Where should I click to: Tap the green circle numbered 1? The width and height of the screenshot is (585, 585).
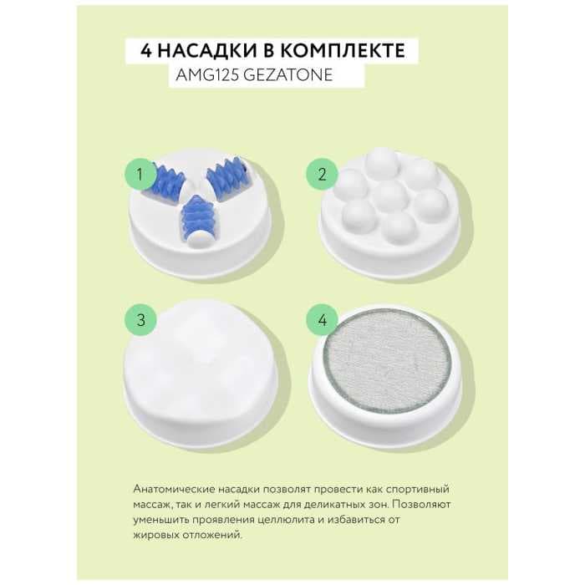pyautogui.click(x=140, y=174)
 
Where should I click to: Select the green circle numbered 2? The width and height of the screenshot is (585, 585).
pyautogui.click(x=322, y=174)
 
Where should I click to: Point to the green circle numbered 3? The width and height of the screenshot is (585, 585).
pyautogui.click(x=140, y=320)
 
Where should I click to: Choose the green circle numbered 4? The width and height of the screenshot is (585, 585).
pyautogui.click(x=322, y=320)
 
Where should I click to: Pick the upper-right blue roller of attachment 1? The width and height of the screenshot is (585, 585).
pyautogui.click(x=225, y=179)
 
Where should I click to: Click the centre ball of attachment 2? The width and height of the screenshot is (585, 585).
pyautogui.click(x=390, y=195)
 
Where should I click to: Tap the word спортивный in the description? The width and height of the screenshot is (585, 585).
pyautogui.click(x=417, y=490)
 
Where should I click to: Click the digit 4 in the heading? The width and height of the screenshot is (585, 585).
pyautogui.click(x=146, y=51)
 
